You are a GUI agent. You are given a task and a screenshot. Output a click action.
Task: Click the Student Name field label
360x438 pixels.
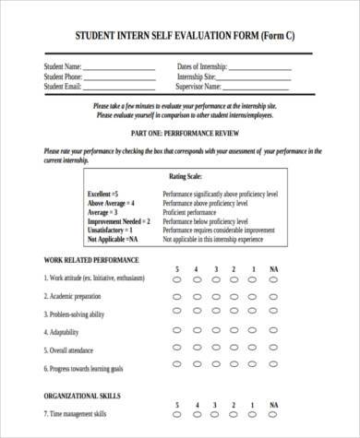pyautogui.click(x=63, y=66)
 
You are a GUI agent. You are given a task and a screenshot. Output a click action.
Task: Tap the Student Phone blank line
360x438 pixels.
pyautogui.click(x=124, y=78)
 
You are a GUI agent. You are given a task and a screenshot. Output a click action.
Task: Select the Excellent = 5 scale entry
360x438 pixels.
pyautogui.click(x=102, y=195)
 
